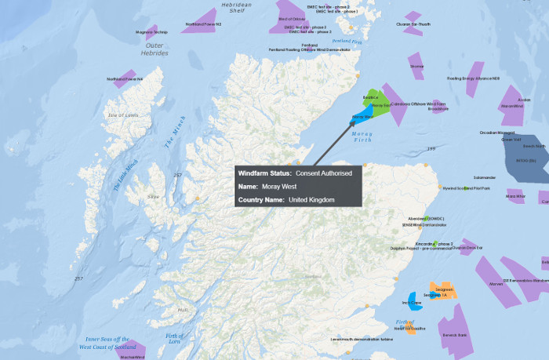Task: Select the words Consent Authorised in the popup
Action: coord(323,173)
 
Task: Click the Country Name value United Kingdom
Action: coord(311,200)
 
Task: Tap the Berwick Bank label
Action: coord(454,335)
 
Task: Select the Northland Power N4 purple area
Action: coord(124,79)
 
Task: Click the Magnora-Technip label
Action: coord(151,32)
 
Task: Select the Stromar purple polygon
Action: coord(416,67)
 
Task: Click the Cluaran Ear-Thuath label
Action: coord(413,24)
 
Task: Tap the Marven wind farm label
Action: coord(495,284)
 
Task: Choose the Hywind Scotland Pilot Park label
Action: coord(466,188)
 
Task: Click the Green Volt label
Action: coord(511,140)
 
